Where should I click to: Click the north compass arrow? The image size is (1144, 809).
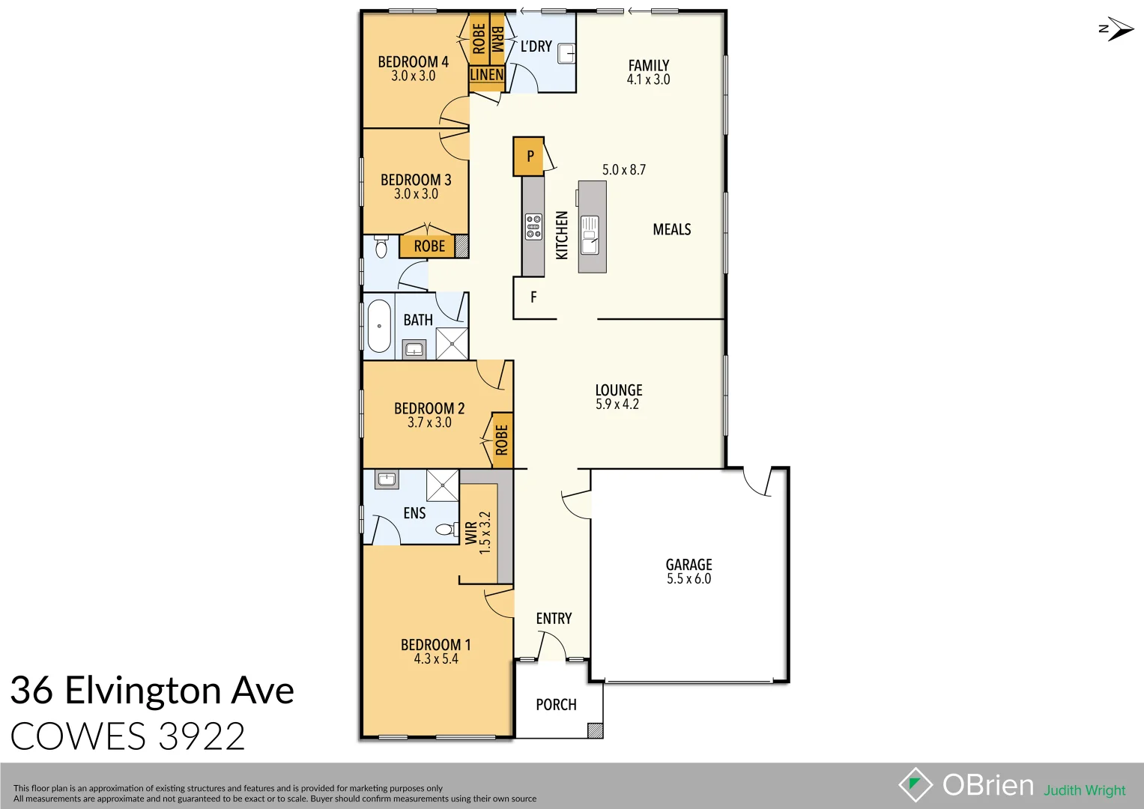1117,29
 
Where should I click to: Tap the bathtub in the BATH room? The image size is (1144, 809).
379,326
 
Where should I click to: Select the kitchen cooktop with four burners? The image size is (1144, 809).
533,226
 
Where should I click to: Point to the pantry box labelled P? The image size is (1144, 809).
529,156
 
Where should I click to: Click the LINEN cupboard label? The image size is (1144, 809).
486,75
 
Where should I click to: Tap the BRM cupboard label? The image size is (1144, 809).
497,39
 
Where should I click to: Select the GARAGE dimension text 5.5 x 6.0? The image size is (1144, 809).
688,579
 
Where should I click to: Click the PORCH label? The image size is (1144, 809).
556,705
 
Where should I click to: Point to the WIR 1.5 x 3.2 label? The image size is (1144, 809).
477,533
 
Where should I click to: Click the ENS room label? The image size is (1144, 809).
414,513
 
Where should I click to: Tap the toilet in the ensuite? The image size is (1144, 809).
445,530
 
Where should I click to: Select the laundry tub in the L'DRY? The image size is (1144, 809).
566,54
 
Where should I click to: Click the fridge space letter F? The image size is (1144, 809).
533,297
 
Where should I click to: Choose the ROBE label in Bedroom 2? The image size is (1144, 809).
502,440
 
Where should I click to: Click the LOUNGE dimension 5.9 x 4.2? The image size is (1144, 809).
617,404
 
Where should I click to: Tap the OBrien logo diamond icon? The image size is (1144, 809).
915,785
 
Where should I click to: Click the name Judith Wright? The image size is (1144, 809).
1084,790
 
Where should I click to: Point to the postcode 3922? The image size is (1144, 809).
202,737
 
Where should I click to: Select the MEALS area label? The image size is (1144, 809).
671,229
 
